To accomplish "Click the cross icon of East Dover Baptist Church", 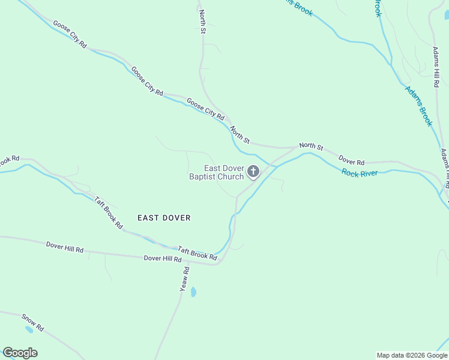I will [x=253, y=172].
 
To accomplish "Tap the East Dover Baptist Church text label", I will [x=217, y=173].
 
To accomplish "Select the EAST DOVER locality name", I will [x=164, y=218].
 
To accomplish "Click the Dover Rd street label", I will [x=351, y=161].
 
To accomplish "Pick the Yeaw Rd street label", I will [x=185, y=280].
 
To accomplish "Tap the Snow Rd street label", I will [x=33, y=322].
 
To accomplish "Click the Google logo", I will [x=20, y=353].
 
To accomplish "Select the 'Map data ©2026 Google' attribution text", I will [x=412, y=355].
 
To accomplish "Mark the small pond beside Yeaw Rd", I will [x=193, y=292].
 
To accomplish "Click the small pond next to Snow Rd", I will [x=28, y=329].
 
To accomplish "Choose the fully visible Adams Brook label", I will [x=418, y=106].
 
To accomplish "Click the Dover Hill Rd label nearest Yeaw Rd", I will [x=162, y=259].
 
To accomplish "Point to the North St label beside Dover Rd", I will [x=311, y=146].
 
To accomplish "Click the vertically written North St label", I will [x=203, y=21].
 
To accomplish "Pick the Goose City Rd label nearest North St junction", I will [x=205, y=108].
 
